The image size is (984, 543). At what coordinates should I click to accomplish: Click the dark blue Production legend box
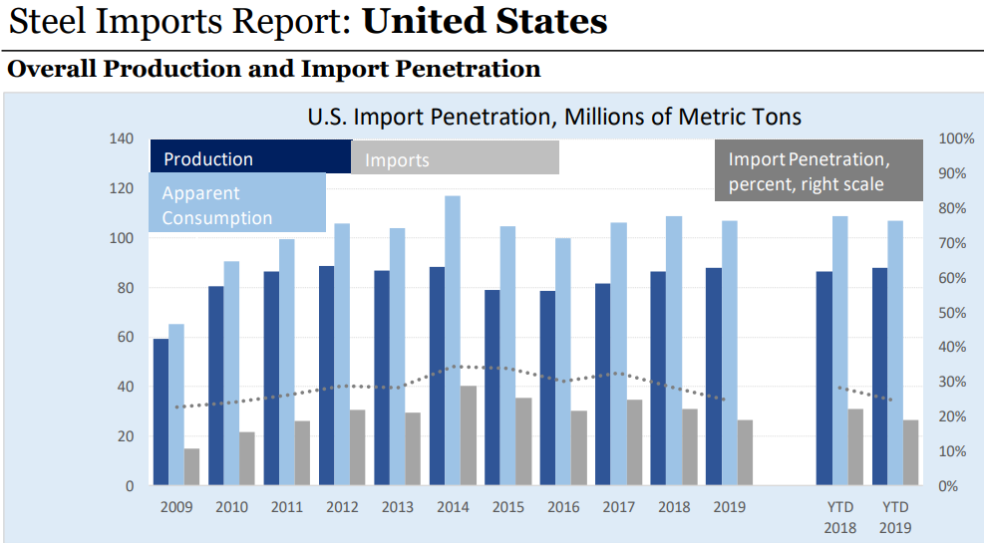tap(250, 157)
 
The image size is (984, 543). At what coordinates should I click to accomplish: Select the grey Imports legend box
tap(455, 158)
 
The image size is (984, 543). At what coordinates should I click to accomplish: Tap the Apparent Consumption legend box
tap(237, 203)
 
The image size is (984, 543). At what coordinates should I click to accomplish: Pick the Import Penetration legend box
tap(805, 170)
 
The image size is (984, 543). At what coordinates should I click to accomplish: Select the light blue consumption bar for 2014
tap(453, 340)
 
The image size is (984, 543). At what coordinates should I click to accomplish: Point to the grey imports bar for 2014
tap(468, 435)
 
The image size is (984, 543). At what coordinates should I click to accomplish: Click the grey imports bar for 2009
tap(192, 466)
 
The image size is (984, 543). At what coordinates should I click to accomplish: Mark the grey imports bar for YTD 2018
tap(855, 446)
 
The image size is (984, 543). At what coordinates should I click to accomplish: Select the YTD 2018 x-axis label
tap(840, 517)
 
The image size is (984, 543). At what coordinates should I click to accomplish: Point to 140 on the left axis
tap(123, 138)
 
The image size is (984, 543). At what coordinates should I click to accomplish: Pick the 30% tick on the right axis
tap(951, 382)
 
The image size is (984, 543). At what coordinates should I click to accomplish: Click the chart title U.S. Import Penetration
tap(553, 117)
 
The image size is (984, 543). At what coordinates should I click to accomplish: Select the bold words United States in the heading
tap(485, 22)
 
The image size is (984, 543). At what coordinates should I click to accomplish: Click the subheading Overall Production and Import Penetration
tap(274, 69)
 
